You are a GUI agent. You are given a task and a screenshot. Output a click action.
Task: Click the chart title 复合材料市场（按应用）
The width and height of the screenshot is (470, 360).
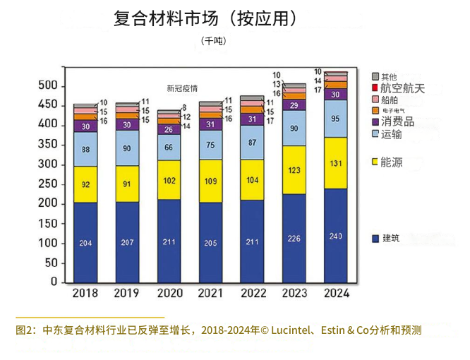click(x=205, y=19)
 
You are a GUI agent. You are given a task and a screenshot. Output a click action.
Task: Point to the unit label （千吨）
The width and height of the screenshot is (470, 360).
click(x=212, y=41)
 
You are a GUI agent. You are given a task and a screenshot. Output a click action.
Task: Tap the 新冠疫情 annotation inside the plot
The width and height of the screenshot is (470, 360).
click(x=182, y=88)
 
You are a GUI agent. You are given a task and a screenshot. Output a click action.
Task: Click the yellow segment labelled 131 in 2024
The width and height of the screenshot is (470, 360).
click(x=335, y=163)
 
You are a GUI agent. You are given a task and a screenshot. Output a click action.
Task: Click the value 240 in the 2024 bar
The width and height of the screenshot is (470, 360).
click(x=335, y=236)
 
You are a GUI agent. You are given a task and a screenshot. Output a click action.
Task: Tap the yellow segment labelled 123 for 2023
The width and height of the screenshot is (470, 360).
click(x=294, y=170)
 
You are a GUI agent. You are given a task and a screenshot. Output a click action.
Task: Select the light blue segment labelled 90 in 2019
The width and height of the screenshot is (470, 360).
click(x=127, y=148)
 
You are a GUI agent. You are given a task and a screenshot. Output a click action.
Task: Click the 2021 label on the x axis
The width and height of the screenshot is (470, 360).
click(x=210, y=293)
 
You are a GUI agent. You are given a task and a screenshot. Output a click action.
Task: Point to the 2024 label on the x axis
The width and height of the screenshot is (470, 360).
click(x=336, y=293)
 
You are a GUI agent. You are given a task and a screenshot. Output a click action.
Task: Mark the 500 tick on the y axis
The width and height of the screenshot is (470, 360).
click(x=48, y=85)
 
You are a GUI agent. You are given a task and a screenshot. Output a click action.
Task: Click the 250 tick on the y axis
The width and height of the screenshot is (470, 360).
click(x=48, y=184)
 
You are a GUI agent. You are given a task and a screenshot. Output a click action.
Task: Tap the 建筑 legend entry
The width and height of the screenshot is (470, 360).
click(x=390, y=238)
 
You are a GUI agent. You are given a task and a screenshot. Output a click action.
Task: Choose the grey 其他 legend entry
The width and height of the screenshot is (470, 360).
click(x=388, y=76)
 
